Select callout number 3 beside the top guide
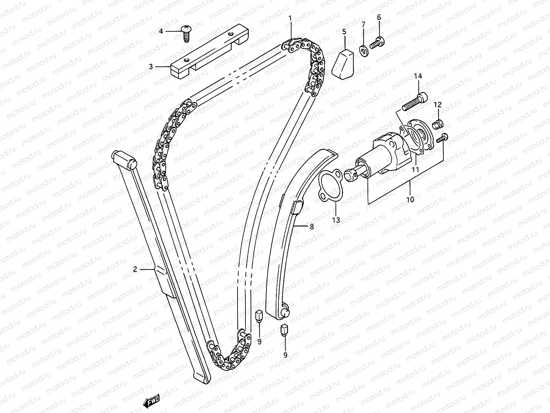[151, 67]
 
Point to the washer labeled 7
[363, 51]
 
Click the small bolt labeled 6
[377, 43]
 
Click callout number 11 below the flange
[416, 169]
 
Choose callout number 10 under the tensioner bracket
[410, 199]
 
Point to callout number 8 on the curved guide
[312, 227]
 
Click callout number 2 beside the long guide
[135, 269]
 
